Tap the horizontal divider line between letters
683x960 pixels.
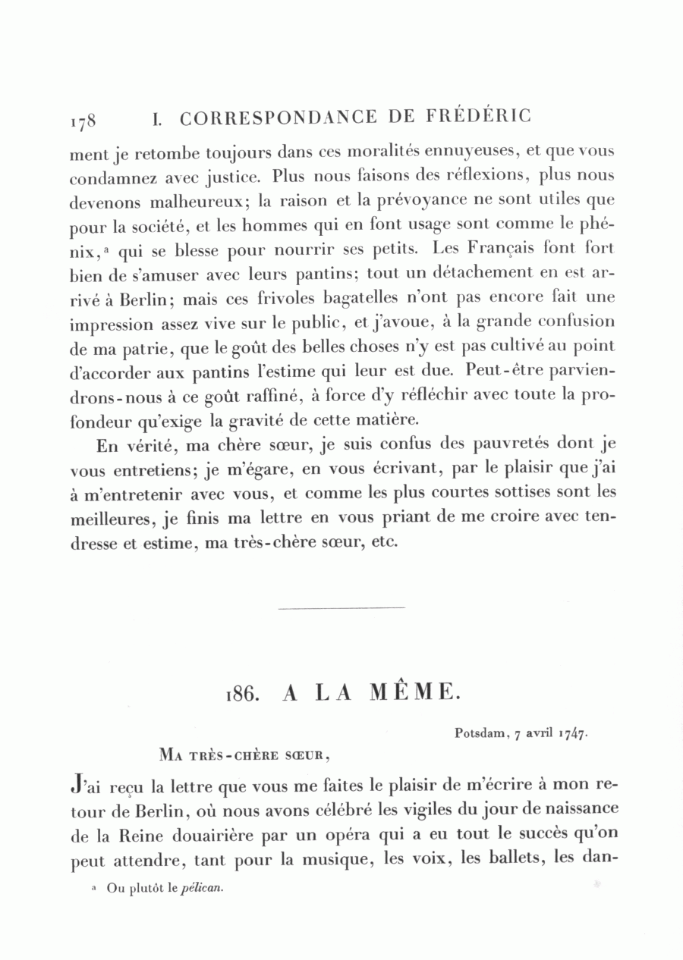coord(341,607)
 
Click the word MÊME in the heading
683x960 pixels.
coord(414,692)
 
